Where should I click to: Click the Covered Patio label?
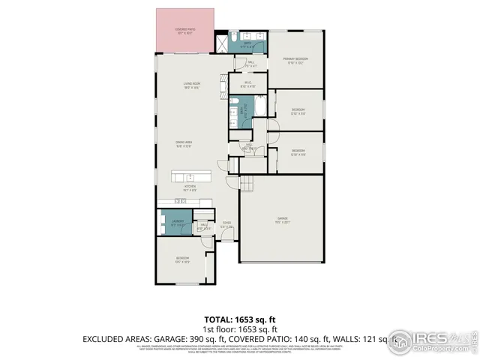pos(184,31)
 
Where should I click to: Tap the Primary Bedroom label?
pos(295,60)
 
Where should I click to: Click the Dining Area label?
pos(184,145)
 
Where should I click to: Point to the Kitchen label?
pos(190,188)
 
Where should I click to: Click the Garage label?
pos(282,220)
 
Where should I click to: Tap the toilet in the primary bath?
pos(235,36)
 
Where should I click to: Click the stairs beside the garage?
pos(247,185)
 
